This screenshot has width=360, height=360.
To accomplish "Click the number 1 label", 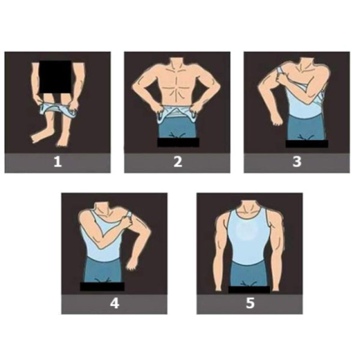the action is click(x=57, y=162).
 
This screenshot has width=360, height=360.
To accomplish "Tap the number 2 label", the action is click(x=177, y=162).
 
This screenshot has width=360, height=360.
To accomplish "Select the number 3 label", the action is click(x=297, y=162).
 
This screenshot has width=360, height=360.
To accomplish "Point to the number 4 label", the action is click(x=114, y=303).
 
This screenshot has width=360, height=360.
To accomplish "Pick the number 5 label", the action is click(x=250, y=303).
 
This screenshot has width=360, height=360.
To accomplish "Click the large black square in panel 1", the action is click(x=55, y=77).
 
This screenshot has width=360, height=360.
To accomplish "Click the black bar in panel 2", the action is click(x=178, y=142).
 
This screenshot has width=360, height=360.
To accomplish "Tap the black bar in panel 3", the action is click(x=307, y=144).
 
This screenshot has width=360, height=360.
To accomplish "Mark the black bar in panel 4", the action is click(x=102, y=287).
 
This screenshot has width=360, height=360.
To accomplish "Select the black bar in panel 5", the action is click(x=249, y=290).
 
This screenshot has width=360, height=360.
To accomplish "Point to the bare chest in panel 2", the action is click(x=177, y=82).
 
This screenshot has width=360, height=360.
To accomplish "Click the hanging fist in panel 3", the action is click(x=276, y=120).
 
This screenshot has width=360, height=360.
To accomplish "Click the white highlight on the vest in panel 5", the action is click(x=248, y=231).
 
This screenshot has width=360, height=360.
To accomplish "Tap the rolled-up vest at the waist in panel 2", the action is click(x=177, y=114).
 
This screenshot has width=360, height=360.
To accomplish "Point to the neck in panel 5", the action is click(x=248, y=207).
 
